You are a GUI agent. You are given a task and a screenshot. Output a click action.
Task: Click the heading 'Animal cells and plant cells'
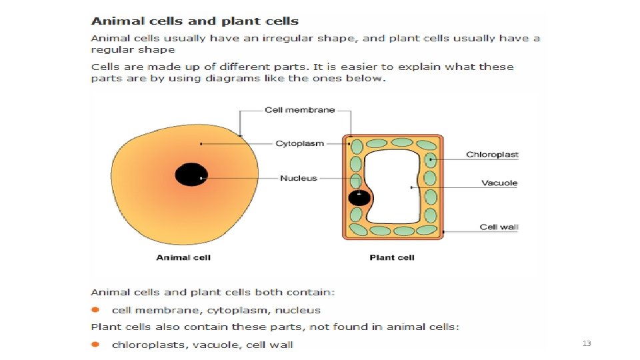point(195,21)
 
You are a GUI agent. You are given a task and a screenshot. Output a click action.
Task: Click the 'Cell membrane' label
point(299,110)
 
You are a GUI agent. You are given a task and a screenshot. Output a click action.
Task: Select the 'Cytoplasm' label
point(299,143)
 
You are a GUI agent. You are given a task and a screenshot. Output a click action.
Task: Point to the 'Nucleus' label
point(299,178)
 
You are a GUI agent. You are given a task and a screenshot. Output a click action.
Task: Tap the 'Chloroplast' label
point(492,155)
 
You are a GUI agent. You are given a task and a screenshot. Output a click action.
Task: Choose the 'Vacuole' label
point(499,183)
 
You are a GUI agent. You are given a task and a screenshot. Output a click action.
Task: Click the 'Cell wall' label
point(499,227)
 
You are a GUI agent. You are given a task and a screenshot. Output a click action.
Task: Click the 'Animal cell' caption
point(183,257)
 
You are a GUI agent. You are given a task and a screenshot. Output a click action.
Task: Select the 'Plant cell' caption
point(392,257)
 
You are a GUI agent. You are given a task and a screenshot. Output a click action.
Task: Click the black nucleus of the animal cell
point(190,175)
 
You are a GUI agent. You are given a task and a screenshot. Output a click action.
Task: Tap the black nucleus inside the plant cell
point(359,197)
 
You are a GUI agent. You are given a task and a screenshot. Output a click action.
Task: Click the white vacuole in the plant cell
point(393,187)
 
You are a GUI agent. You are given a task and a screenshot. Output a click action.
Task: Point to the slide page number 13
point(587,343)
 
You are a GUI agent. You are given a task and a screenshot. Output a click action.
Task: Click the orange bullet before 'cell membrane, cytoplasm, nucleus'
point(95,310)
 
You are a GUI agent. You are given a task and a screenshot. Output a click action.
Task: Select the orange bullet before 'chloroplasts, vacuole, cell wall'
point(95,345)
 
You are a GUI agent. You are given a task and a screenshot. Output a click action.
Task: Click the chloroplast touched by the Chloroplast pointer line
point(431,160)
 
